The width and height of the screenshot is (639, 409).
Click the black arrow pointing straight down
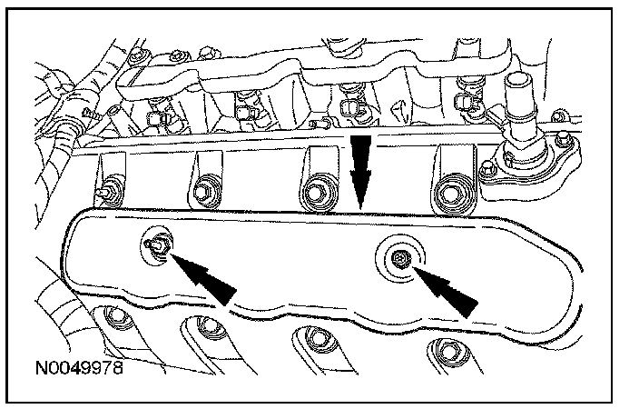[x=361, y=169]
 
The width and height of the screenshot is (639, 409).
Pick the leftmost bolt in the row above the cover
[x=108, y=194]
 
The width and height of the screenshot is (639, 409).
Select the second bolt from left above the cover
[x=203, y=192]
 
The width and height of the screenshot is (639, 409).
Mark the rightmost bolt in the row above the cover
[x=450, y=194]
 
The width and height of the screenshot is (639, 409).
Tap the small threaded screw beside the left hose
[x=89, y=115]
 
